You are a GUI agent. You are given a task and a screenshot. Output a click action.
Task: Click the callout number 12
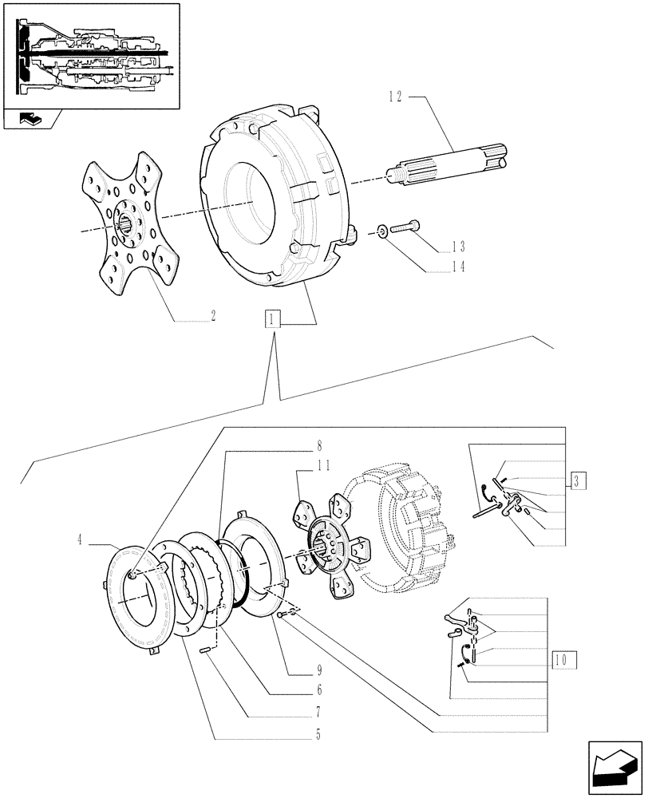coord(396,97)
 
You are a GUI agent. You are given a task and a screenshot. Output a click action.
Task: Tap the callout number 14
coord(458,268)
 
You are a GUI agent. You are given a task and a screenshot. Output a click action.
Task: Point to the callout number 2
coord(212,315)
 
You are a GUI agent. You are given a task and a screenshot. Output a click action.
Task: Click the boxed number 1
coord(273,321)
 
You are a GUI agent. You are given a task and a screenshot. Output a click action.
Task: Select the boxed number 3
coord(579,480)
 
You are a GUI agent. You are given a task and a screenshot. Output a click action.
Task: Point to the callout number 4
coord(80,540)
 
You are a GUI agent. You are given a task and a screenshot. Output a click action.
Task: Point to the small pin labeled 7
coord(204,651)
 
